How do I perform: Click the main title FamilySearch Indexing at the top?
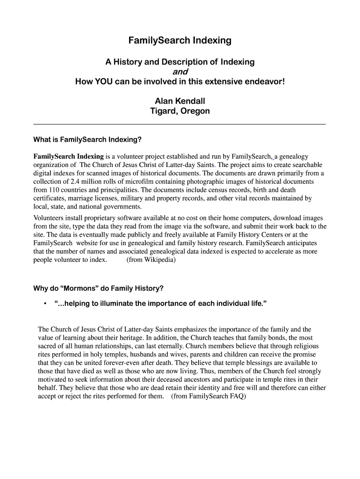pos(180,41)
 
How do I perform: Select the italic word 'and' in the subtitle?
pos(180,72)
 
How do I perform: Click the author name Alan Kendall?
pos(180,101)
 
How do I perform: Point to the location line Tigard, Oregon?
pos(180,111)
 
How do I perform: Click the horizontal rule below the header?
pos(180,124)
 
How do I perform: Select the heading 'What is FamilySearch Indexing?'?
pos(87,139)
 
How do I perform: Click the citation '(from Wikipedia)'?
pos(151,260)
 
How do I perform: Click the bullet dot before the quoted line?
pos(44,304)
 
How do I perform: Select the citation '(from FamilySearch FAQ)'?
pos(208,397)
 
